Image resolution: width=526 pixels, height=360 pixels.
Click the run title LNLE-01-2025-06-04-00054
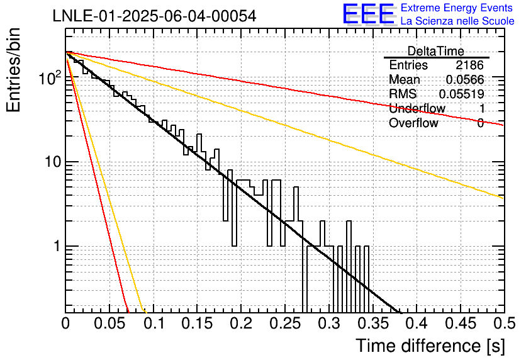[154, 16]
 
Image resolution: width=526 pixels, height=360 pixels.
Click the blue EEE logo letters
[369, 14]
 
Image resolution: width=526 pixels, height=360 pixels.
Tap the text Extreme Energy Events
[457, 8]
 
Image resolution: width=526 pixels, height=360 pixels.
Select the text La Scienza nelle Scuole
[457, 21]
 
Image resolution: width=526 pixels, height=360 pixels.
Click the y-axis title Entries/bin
[13, 70]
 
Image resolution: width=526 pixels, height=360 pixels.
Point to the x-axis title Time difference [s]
[430, 346]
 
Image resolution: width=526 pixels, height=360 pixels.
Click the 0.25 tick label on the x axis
[285, 323]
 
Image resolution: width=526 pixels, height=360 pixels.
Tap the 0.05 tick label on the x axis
[109, 323]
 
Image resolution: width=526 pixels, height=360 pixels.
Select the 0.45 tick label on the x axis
[461, 323]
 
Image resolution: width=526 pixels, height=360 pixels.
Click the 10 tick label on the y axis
[53, 162]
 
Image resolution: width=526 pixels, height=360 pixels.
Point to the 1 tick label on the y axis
[57, 246]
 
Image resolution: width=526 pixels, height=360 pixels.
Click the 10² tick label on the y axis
[50, 78]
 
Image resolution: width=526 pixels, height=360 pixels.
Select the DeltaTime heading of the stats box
[435, 51]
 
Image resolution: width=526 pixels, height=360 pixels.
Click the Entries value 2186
[469, 65]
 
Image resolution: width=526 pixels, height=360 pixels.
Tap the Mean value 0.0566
[465, 79]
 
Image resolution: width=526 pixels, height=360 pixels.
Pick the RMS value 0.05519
[462, 94]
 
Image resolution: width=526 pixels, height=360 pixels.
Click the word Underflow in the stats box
[417, 108]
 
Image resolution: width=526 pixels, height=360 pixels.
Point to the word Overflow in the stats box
[413, 123]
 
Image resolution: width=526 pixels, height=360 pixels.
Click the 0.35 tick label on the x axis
[373, 323]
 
